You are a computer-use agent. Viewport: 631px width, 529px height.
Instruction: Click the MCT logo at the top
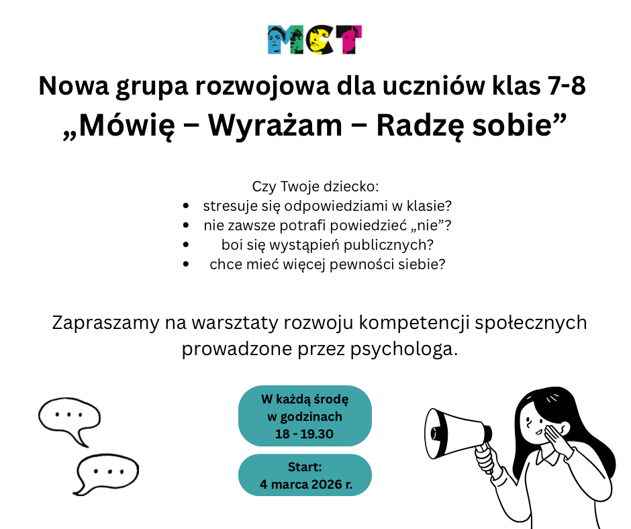tap(315, 40)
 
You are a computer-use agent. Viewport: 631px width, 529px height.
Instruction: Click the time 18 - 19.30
tap(304, 434)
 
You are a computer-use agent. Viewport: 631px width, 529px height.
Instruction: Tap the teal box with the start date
tap(305, 475)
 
